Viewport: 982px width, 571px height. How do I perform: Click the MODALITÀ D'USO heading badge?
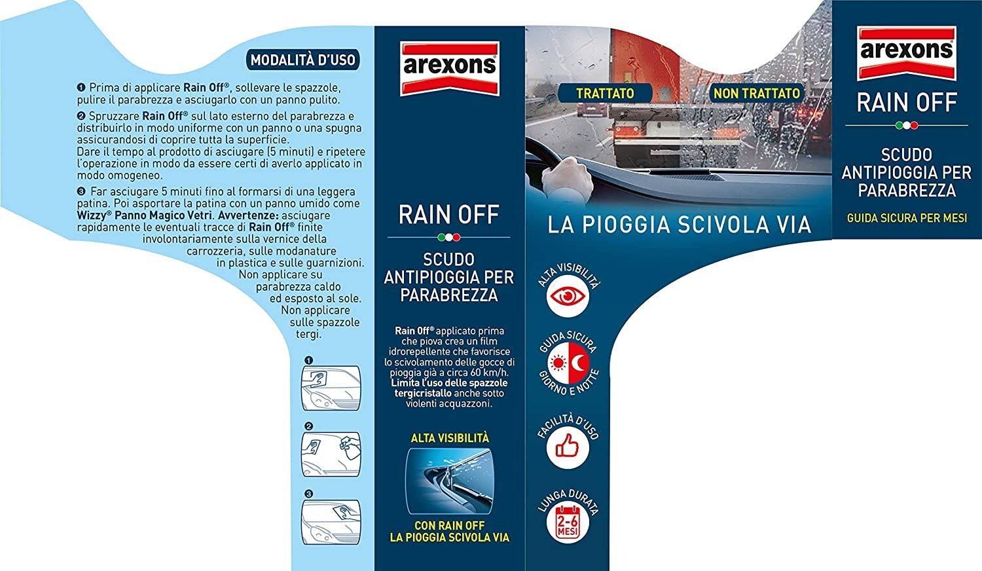point(304,60)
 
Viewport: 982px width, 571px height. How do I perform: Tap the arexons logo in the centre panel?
point(449,67)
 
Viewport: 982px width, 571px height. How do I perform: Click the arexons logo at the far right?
point(907,52)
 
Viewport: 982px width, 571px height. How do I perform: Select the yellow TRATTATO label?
point(605,94)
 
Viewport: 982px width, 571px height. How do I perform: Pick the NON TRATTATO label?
point(757,94)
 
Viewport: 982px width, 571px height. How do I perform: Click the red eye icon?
point(568,297)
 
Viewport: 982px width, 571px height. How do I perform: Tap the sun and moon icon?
point(568,363)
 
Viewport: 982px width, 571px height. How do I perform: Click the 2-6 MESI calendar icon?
point(568,522)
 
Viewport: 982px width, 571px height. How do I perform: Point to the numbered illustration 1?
point(331,387)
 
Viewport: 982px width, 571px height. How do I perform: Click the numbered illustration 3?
point(331,521)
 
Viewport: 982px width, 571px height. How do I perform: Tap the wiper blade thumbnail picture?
point(450,481)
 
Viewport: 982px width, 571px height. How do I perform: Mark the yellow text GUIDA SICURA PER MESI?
point(907,218)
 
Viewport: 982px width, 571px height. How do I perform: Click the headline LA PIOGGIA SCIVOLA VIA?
point(679,225)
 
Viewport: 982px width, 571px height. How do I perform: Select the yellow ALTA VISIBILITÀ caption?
point(450,438)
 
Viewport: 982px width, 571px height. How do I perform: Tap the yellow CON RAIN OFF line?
point(450,525)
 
